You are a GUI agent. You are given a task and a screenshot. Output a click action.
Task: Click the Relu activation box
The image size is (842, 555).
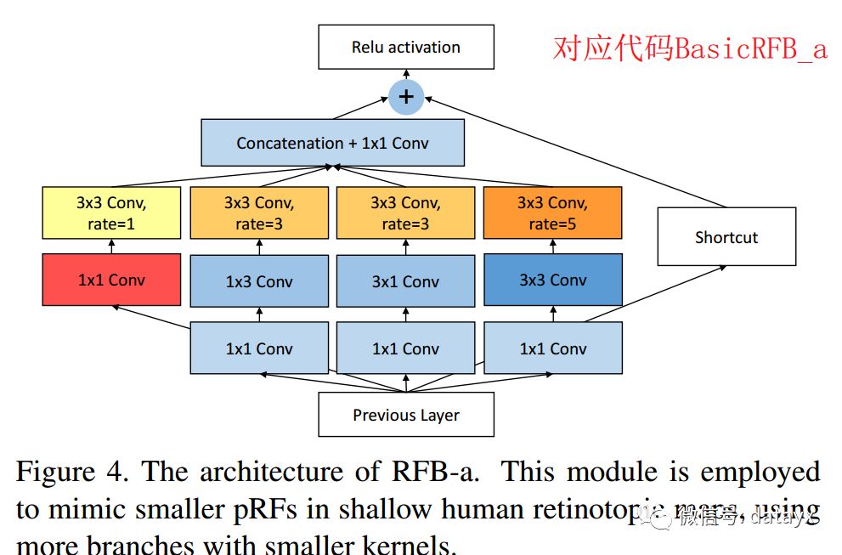pyautogui.click(x=405, y=48)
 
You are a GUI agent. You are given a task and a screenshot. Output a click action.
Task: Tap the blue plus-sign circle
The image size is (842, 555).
pyautogui.click(x=406, y=96)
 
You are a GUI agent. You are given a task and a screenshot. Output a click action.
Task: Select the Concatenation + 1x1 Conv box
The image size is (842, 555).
pyautogui.click(x=332, y=143)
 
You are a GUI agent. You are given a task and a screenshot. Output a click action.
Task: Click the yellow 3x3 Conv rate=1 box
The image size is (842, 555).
pyautogui.click(x=111, y=213)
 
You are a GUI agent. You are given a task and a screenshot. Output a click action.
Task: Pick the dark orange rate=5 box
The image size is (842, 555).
pyautogui.click(x=552, y=213)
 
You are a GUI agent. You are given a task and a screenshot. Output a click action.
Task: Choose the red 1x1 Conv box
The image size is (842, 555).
pyautogui.click(x=111, y=280)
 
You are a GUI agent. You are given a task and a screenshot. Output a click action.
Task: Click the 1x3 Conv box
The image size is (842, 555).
pyautogui.click(x=259, y=281)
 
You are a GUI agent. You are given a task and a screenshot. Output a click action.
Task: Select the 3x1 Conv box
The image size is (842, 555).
pyautogui.click(x=405, y=281)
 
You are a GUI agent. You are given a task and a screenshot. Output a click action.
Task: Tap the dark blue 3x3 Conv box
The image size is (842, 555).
pyautogui.click(x=552, y=280)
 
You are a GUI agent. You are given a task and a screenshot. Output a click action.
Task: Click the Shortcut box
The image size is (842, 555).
pyautogui.click(x=726, y=237)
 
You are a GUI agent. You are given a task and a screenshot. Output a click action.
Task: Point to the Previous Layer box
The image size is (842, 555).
pyautogui.click(x=405, y=415)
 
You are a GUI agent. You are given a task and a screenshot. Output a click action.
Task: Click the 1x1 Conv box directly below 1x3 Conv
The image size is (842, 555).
pyautogui.click(x=259, y=348)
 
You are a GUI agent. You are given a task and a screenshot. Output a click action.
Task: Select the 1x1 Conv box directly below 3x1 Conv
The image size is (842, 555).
pyautogui.click(x=405, y=348)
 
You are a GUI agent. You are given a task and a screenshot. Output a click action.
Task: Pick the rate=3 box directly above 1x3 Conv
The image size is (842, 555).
pyautogui.click(x=259, y=213)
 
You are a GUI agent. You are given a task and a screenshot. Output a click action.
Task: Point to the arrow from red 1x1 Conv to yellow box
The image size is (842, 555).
pyautogui.click(x=111, y=246)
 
